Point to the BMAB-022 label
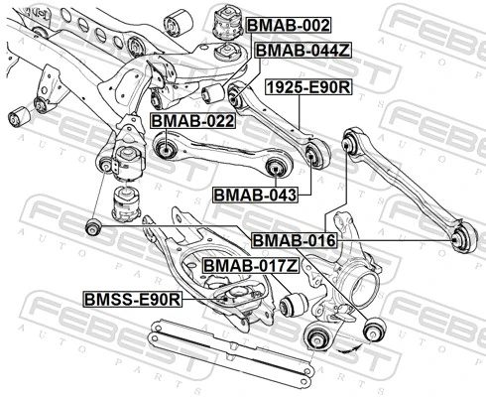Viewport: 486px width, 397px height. click(191, 121)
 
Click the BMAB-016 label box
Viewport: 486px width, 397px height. click(293, 240)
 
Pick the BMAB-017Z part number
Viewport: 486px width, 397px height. click(250, 266)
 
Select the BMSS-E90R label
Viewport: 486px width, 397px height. click(132, 299)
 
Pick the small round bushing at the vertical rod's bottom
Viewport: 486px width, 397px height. click(93, 228)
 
